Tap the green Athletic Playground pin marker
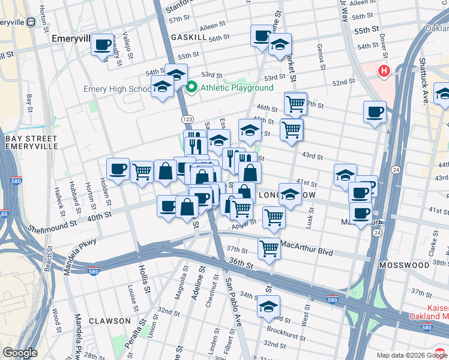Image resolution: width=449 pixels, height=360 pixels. [192, 88]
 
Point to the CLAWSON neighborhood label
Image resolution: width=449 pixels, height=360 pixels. [110, 321]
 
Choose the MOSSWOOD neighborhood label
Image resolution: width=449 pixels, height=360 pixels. [404, 265]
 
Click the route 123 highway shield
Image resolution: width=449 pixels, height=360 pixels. [187, 119]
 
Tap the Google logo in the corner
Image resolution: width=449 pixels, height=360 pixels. [19, 353]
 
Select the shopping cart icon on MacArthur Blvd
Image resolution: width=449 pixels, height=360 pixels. [269, 247]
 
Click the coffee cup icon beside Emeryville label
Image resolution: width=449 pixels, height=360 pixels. [102, 44]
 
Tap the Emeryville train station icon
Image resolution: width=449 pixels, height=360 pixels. [31, 21]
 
